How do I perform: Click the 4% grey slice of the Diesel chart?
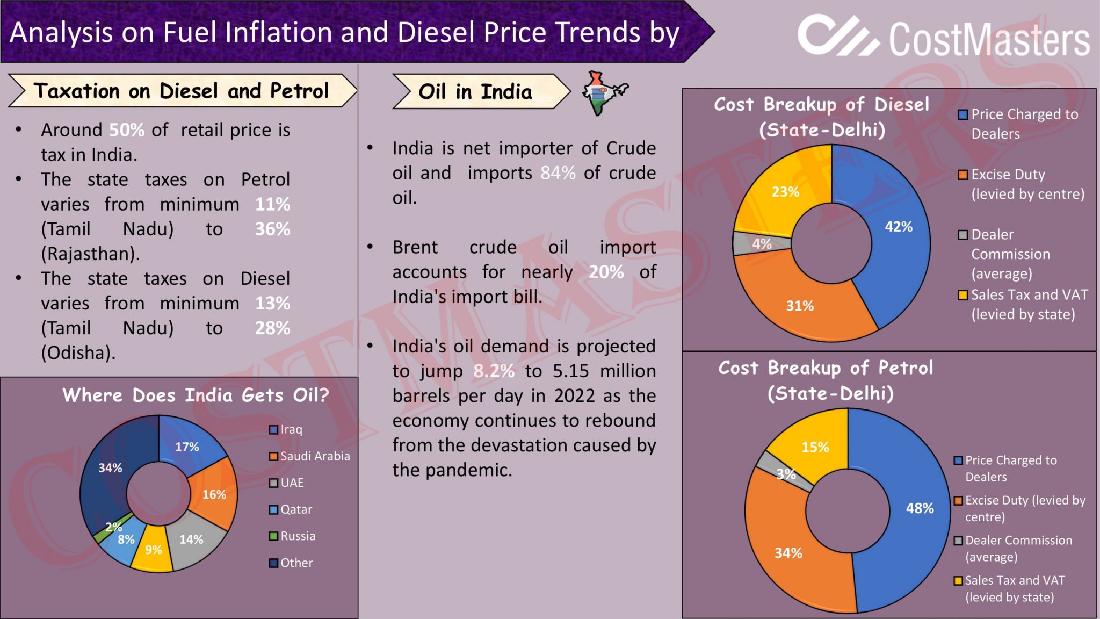pos(761,243)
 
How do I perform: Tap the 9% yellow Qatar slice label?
pos(153,549)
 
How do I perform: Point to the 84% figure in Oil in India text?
pos(558,173)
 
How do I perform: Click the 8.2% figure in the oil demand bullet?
pos(494,371)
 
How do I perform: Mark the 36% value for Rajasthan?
pos(272,229)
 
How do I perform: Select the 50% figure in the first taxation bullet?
pos(127,130)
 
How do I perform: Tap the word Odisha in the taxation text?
pos(78,352)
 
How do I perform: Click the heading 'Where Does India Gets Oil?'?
pos(196,395)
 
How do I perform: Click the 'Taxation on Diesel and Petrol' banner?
pos(181,91)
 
